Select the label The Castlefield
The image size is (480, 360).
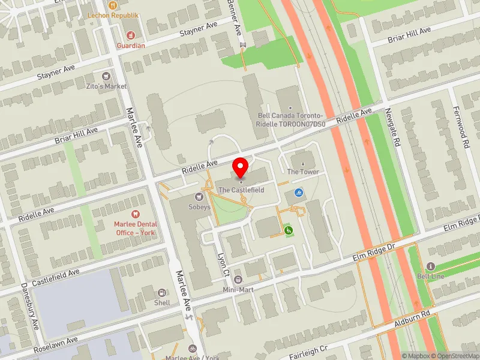point(241,190)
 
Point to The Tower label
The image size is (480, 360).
point(302,172)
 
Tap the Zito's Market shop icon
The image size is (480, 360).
point(107,76)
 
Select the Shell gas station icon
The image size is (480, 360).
point(162,292)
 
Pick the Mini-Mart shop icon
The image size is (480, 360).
point(238,280)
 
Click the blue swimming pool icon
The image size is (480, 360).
point(299,193)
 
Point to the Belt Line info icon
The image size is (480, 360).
point(430,266)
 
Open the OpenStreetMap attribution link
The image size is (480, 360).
point(454,355)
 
